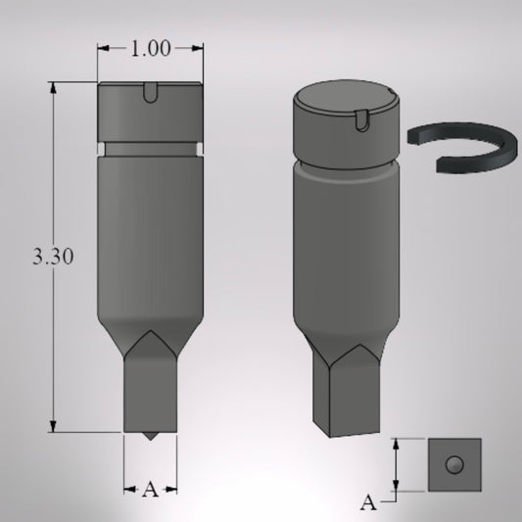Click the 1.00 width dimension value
[151, 49]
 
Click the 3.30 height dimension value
[53, 257]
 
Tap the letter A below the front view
[150, 490]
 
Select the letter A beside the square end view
[368, 502]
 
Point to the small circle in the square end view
[454, 464]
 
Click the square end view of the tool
[454, 465]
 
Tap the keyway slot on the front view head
[150, 92]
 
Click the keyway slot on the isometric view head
[362, 120]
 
